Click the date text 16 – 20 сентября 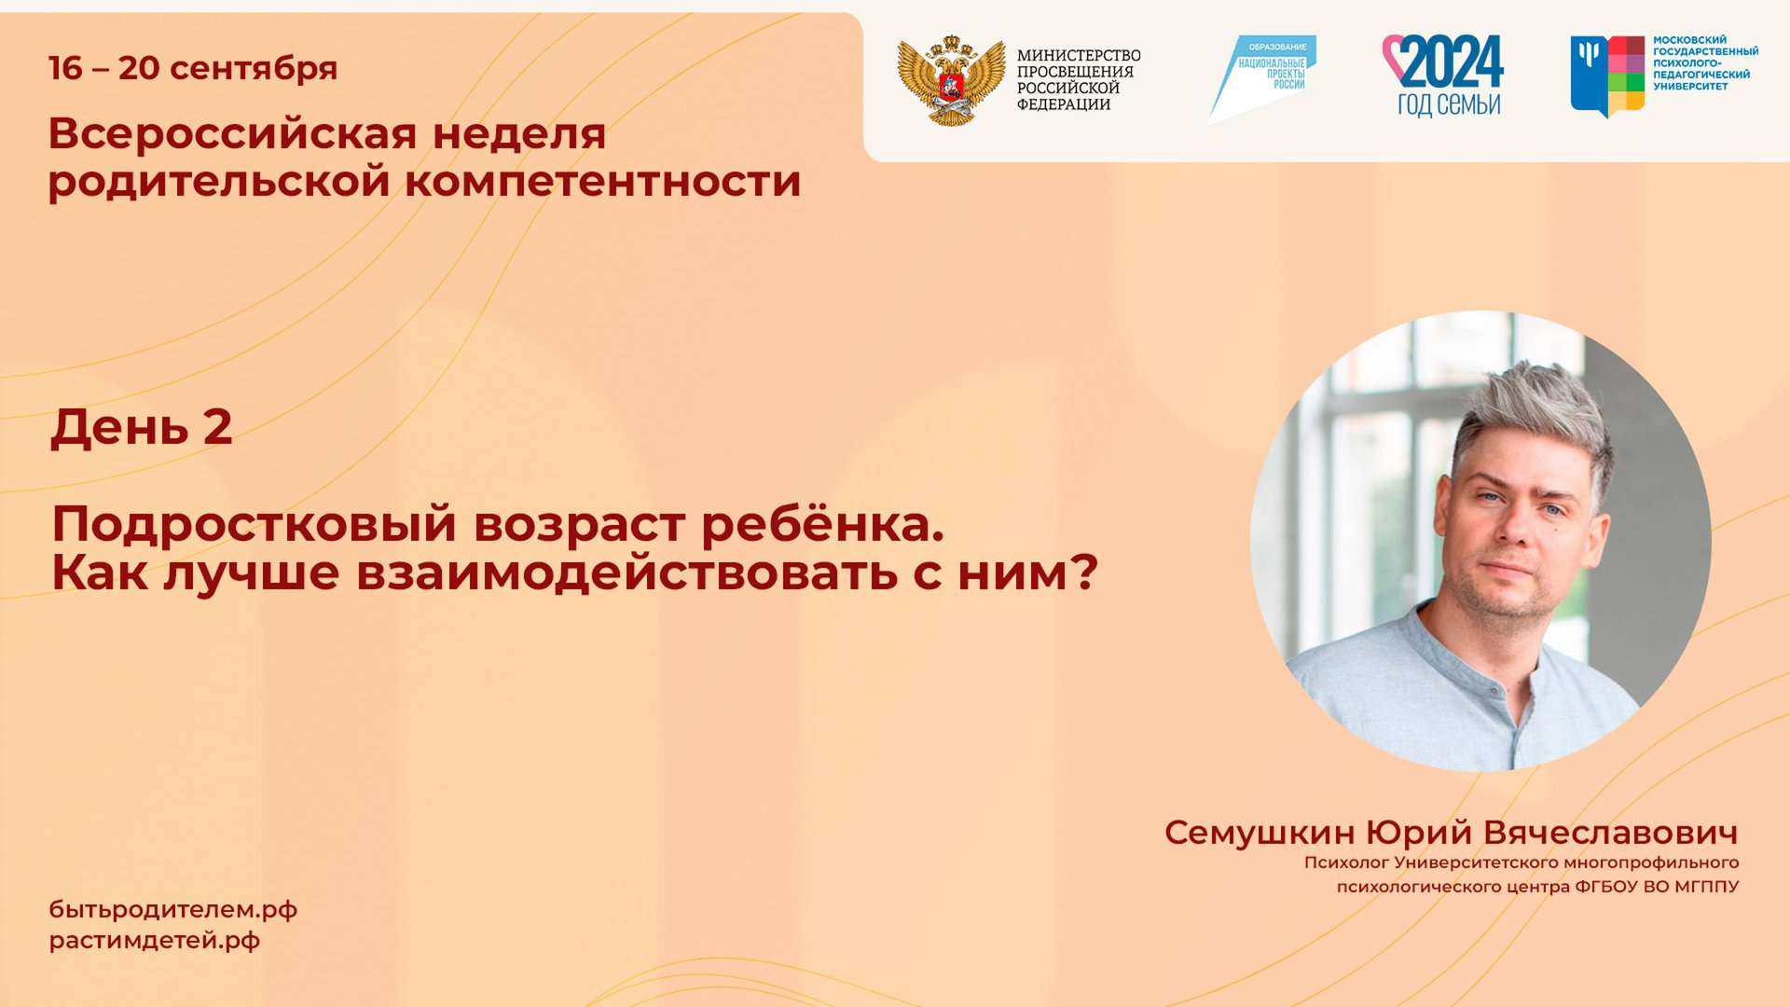coord(192,68)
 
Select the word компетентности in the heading coord(602,181)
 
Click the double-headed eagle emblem coord(950,80)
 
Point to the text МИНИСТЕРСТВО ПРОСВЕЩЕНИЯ coord(1078,63)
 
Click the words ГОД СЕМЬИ coord(1448,104)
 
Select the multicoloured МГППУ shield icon coord(1606,76)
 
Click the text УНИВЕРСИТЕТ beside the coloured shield coord(1690,87)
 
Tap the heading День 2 coord(141,427)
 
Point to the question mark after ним coord(1083,572)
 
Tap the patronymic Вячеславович coord(1610,833)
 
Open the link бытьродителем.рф coord(172,910)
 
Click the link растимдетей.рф coord(154,940)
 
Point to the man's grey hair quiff coord(1538,401)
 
